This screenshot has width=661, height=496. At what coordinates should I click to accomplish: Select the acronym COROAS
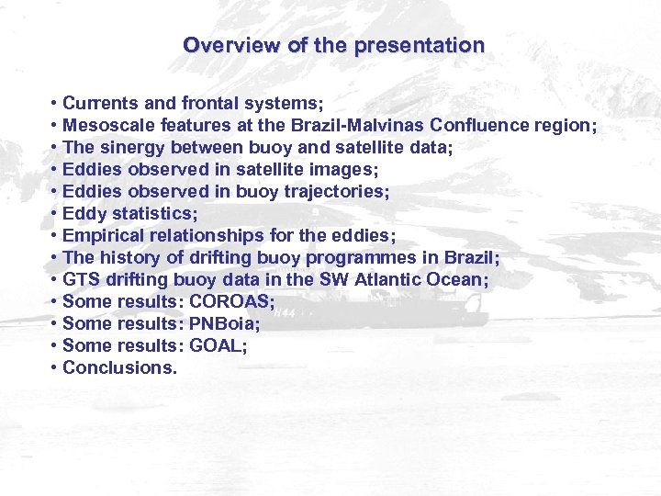point(230,301)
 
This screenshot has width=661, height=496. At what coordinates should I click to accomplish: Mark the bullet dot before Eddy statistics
point(56,213)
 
